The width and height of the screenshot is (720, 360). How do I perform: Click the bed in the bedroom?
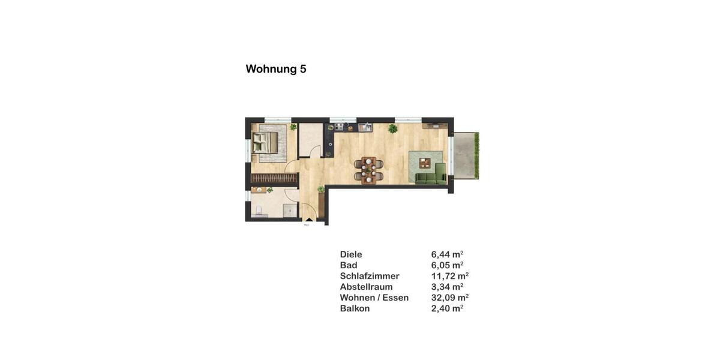(265, 143)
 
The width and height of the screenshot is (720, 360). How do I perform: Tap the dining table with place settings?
(368, 169)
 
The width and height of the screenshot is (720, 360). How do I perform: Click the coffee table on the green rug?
(425, 161)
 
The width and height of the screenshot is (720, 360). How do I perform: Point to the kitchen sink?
(364, 127)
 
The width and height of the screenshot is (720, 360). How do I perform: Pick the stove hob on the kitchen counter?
(339, 127)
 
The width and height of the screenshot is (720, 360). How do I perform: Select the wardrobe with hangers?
(274, 178)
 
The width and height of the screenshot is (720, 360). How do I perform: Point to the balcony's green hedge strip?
(477, 155)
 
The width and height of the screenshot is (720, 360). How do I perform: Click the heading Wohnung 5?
(276, 69)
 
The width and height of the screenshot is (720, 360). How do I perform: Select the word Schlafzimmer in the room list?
(370, 276)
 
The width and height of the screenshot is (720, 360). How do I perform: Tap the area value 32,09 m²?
(449, 298)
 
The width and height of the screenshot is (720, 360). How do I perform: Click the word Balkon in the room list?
(355, 308)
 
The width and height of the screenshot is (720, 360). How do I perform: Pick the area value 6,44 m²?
(447, 254)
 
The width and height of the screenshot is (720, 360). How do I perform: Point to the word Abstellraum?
(366, 287)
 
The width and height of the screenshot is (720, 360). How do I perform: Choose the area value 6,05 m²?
(447, 265)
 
